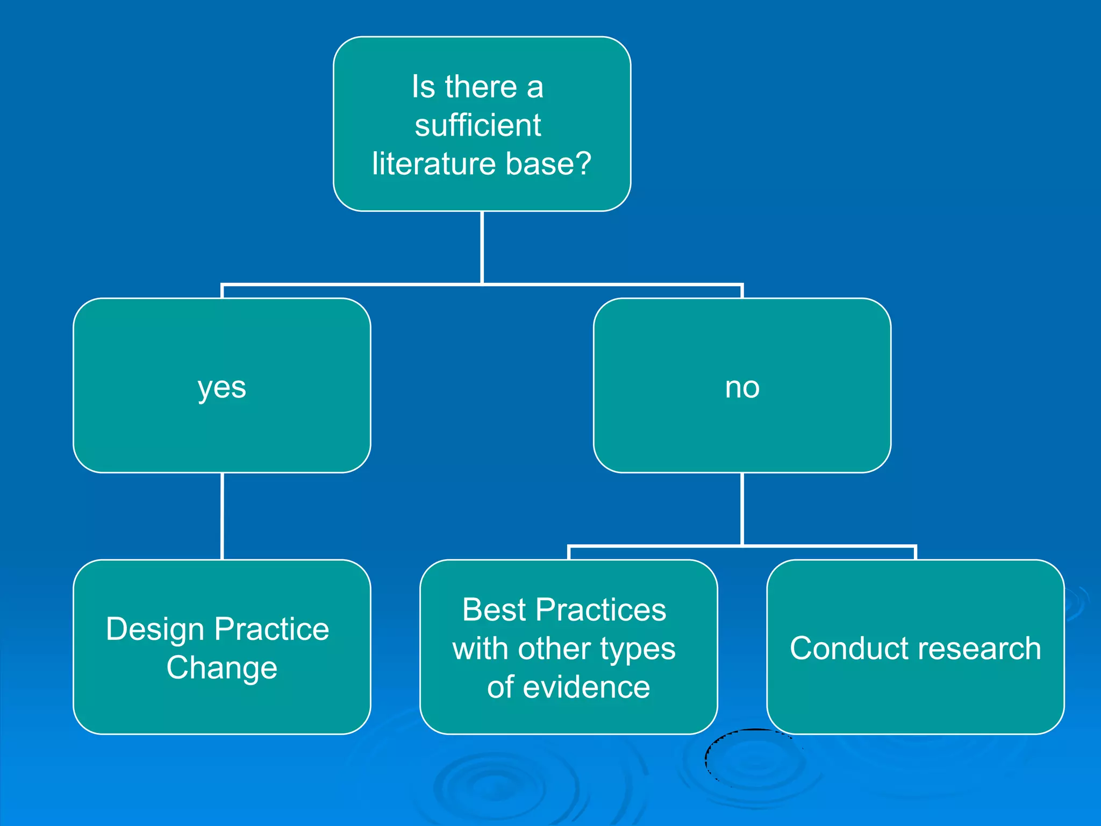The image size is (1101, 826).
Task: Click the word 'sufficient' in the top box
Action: (x=477, y=125)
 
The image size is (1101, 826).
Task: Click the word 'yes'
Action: (x=221, y=388)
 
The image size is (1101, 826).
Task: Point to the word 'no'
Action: (x=742, y=388)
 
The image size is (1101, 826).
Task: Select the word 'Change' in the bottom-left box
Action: (x=221, y=668)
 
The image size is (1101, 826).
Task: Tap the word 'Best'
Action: (x=494, y=610)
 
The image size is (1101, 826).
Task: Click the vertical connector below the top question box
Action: (x=482, y=247)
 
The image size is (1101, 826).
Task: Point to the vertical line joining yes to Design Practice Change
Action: (x=222, y=516)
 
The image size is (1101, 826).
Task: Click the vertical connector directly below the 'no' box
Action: (x=742, y=508)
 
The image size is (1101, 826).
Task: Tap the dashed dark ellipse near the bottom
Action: (x=706, y=758)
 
